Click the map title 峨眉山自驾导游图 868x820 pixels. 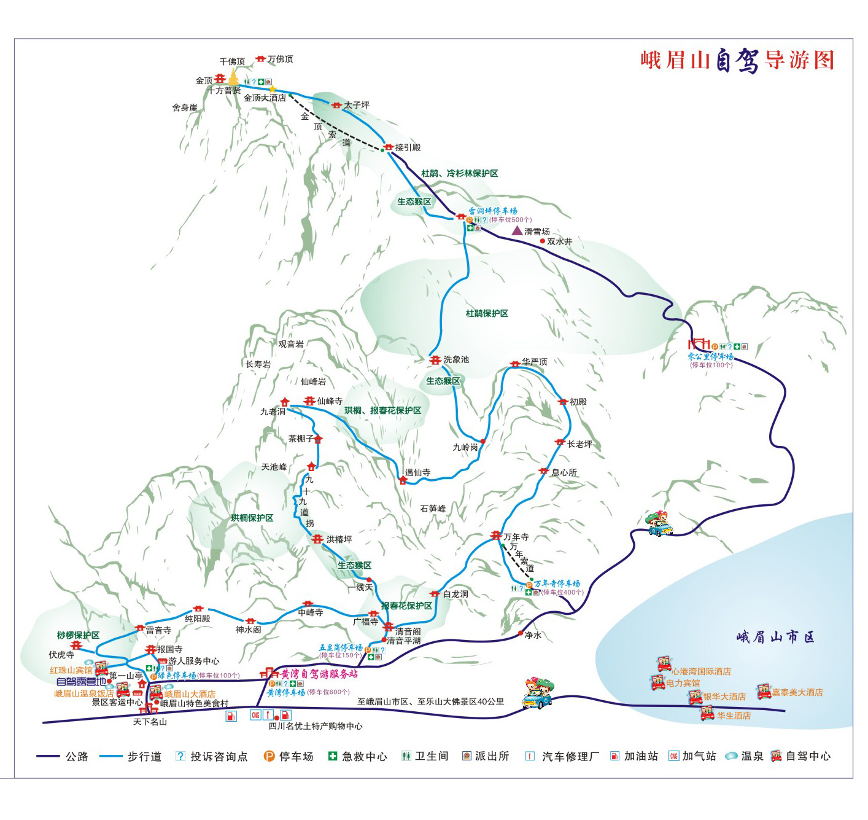pyautogui.click(x=737, y=60)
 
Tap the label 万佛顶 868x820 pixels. pyautogui.click(x=280, y=59)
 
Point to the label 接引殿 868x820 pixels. pyautogui.click(x=408, y=147)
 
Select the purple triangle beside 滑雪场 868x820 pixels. pyautogui.click(x=517, y=230)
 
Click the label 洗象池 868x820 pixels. pyautogui.click(x=455, y=359)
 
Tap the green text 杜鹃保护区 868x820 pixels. pyautogui.click(x=487, y=313)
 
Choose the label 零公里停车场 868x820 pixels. pyautogui.click(x=710, y=356)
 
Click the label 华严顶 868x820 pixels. pyautogui.click(x=534, y=362)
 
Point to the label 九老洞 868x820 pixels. pyautogui.click(x=273, y=412)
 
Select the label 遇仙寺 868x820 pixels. pyautogui.click(x=417, y=472)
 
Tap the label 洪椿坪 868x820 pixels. pyautogui.click(x=339, y=539)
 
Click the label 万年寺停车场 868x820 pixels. pyautogui.click(x=557, y=584)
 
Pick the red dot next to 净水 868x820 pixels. pyautogui.click(x=521, y=633)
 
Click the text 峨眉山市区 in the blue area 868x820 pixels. pyautogui.click(x=775, y=637)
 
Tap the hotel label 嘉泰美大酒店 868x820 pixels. pyautogui.click(x=797, y=692)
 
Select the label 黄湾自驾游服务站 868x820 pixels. pyautogui.click(x=319, y=674)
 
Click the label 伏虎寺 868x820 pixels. pyautogui.click(x=61, y=655)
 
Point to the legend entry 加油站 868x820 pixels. pyautogui.click(x=640, y=756)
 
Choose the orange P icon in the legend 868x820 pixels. pyautogui.click(x=269, y=756)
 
